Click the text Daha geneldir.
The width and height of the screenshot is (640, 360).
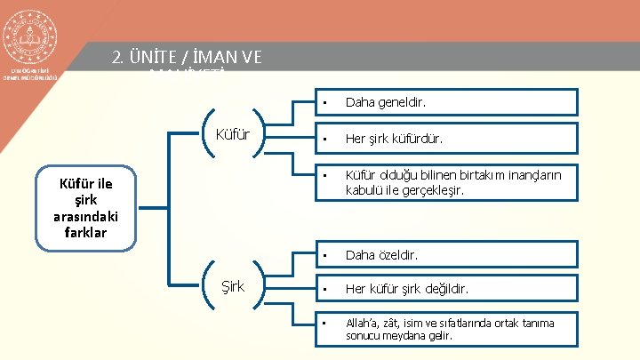pyautogui.click(x=386, y=104)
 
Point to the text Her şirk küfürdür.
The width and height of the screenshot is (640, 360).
pyautogui.click(x=395, y=140)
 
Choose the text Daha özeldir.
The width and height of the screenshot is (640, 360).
pyautogui.click(x=381, y=255)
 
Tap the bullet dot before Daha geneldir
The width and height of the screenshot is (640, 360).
pyautogui.click(x=326, y=104)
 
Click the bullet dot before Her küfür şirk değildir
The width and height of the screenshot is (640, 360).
pyautogui.click(x=326, y=290)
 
